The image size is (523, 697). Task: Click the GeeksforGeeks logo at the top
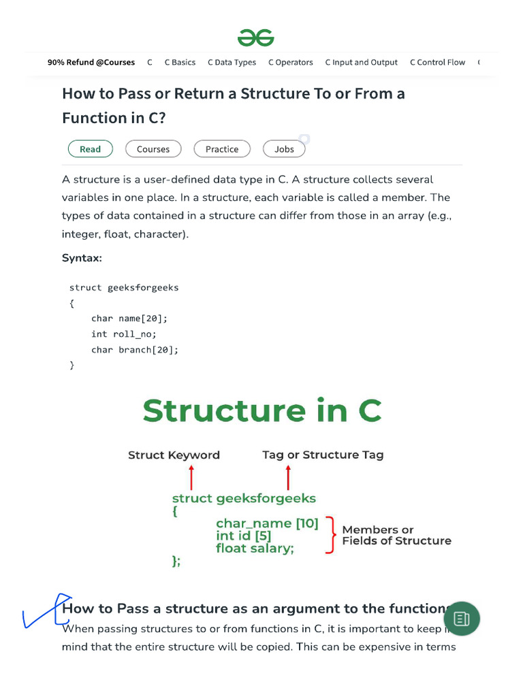(x=256, y=37)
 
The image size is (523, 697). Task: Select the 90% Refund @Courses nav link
(x=91, y=62)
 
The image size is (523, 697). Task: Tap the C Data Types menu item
(x=232, y=62)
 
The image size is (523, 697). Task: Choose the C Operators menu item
(x=290, y=62)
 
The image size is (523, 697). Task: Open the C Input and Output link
(x=361, y=62)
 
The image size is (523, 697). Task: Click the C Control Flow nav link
(x=437, y=62)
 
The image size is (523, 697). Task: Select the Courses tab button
(x=153, y=149)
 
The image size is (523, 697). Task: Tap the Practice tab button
(x=222, y=149)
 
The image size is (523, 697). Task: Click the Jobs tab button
(x=284, y=149)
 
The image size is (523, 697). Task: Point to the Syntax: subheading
(x=82, y=258)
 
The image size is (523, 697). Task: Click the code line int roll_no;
(x=124, y=334)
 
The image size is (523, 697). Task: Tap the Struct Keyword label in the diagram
(x=174, y=455)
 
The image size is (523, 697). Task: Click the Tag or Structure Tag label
(x=323, y=455)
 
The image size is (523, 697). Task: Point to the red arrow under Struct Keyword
(x=192, y=477)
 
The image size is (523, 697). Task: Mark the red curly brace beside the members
(x=331, y=535)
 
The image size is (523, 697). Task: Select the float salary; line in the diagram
(x=255, y=548)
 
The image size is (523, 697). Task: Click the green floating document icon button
(x=462, y=619)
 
